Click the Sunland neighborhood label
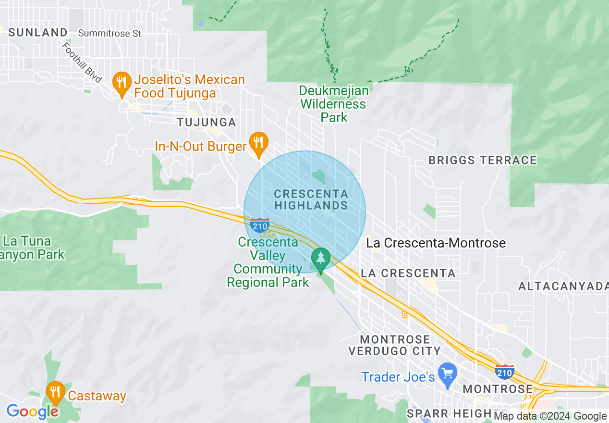[38, 32]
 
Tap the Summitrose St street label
[110, 33]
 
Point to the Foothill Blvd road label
[82, 62]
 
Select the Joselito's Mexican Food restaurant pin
[122, 83]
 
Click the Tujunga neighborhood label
[207, 123]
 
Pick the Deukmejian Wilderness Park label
[334, 104]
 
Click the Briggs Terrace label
[482, 161]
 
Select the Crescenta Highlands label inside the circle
[311, 199]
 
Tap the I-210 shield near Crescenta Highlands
[260, 224]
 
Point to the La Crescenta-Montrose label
[436, 243]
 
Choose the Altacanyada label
[563, 286]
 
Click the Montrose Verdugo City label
[394, 345]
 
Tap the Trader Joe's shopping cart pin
[448, 374]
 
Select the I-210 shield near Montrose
[504, 372]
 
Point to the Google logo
[32, 411]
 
